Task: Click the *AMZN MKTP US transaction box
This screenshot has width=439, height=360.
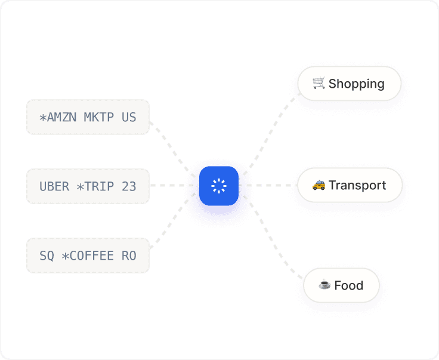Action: pyautogui.click(x=88, y=117)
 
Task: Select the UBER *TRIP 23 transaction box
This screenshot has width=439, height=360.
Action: pyautogui.click(x=88, y=186)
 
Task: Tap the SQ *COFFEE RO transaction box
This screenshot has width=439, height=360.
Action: pyautogui.click(x=88, y=256)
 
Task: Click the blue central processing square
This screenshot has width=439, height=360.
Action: pyautogui.click(x=219, y=186)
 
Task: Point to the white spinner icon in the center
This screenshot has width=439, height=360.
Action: pyautogui.click(x=219, y=186)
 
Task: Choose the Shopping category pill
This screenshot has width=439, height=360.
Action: pyautogui.click(x=349, y=84)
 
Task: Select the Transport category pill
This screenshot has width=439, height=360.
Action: pyautogui.click(x=349, y=185)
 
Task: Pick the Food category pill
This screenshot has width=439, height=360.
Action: pyautogui.click(x=341, y=285)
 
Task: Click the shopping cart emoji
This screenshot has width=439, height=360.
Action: pyautogui.click(x=319, y=83)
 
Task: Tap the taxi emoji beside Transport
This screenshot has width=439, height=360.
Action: pyautogui.click(x=319, y=185)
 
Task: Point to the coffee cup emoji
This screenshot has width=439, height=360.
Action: pyautogui.click(x=324, y=285)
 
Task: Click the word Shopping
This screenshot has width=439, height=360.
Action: pyautogui.click(x=357, y=84)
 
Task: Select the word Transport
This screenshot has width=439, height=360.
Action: pyautogui.click(x=357, y=185)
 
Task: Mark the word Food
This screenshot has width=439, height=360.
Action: pyautogui.click(x=349, y=285)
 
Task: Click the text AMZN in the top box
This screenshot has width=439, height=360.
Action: pyautogui.click(x=61, y=118)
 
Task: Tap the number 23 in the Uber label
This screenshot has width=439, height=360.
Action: pyautogui.click(x=129, y=186)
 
